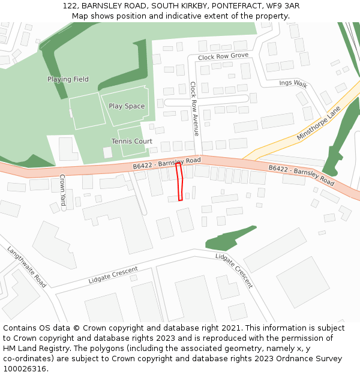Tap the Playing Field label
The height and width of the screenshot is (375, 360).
pyautogui.click(x=68, y=79)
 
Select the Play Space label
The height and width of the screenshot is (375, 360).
pyautogui.click(x=127, y=106)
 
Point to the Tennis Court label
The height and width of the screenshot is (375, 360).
pyautogui.click(x=131, y=142)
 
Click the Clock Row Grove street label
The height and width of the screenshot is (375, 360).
pyautogui.click(x=223, y=56)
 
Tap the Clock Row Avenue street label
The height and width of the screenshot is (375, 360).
pyautogui.click(x=194, y=109)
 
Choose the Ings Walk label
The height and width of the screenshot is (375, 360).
pyautogui.click(x=293, y=84)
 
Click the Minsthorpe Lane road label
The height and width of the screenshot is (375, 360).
pyautogui.click(x=318, y=124)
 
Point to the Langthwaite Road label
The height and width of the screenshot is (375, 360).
pyautogui.click(x=27, y=266)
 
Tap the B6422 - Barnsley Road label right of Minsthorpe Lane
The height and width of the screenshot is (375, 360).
pyautogui.click(x=301, y=175)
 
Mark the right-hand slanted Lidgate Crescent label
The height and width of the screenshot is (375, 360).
pyautogui.click(x=235, y=271)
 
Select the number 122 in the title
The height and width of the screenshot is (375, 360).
pyautogui.click(x=70, y=6)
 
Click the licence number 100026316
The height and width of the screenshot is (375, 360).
pyautogui.click(x=25, y=368)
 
